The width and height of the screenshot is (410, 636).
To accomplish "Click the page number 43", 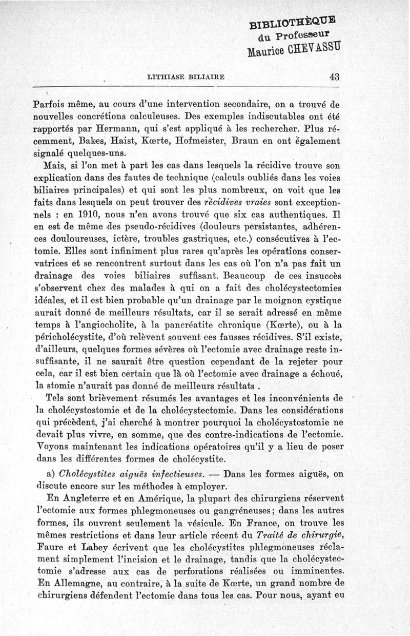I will [x=335, y=77].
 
